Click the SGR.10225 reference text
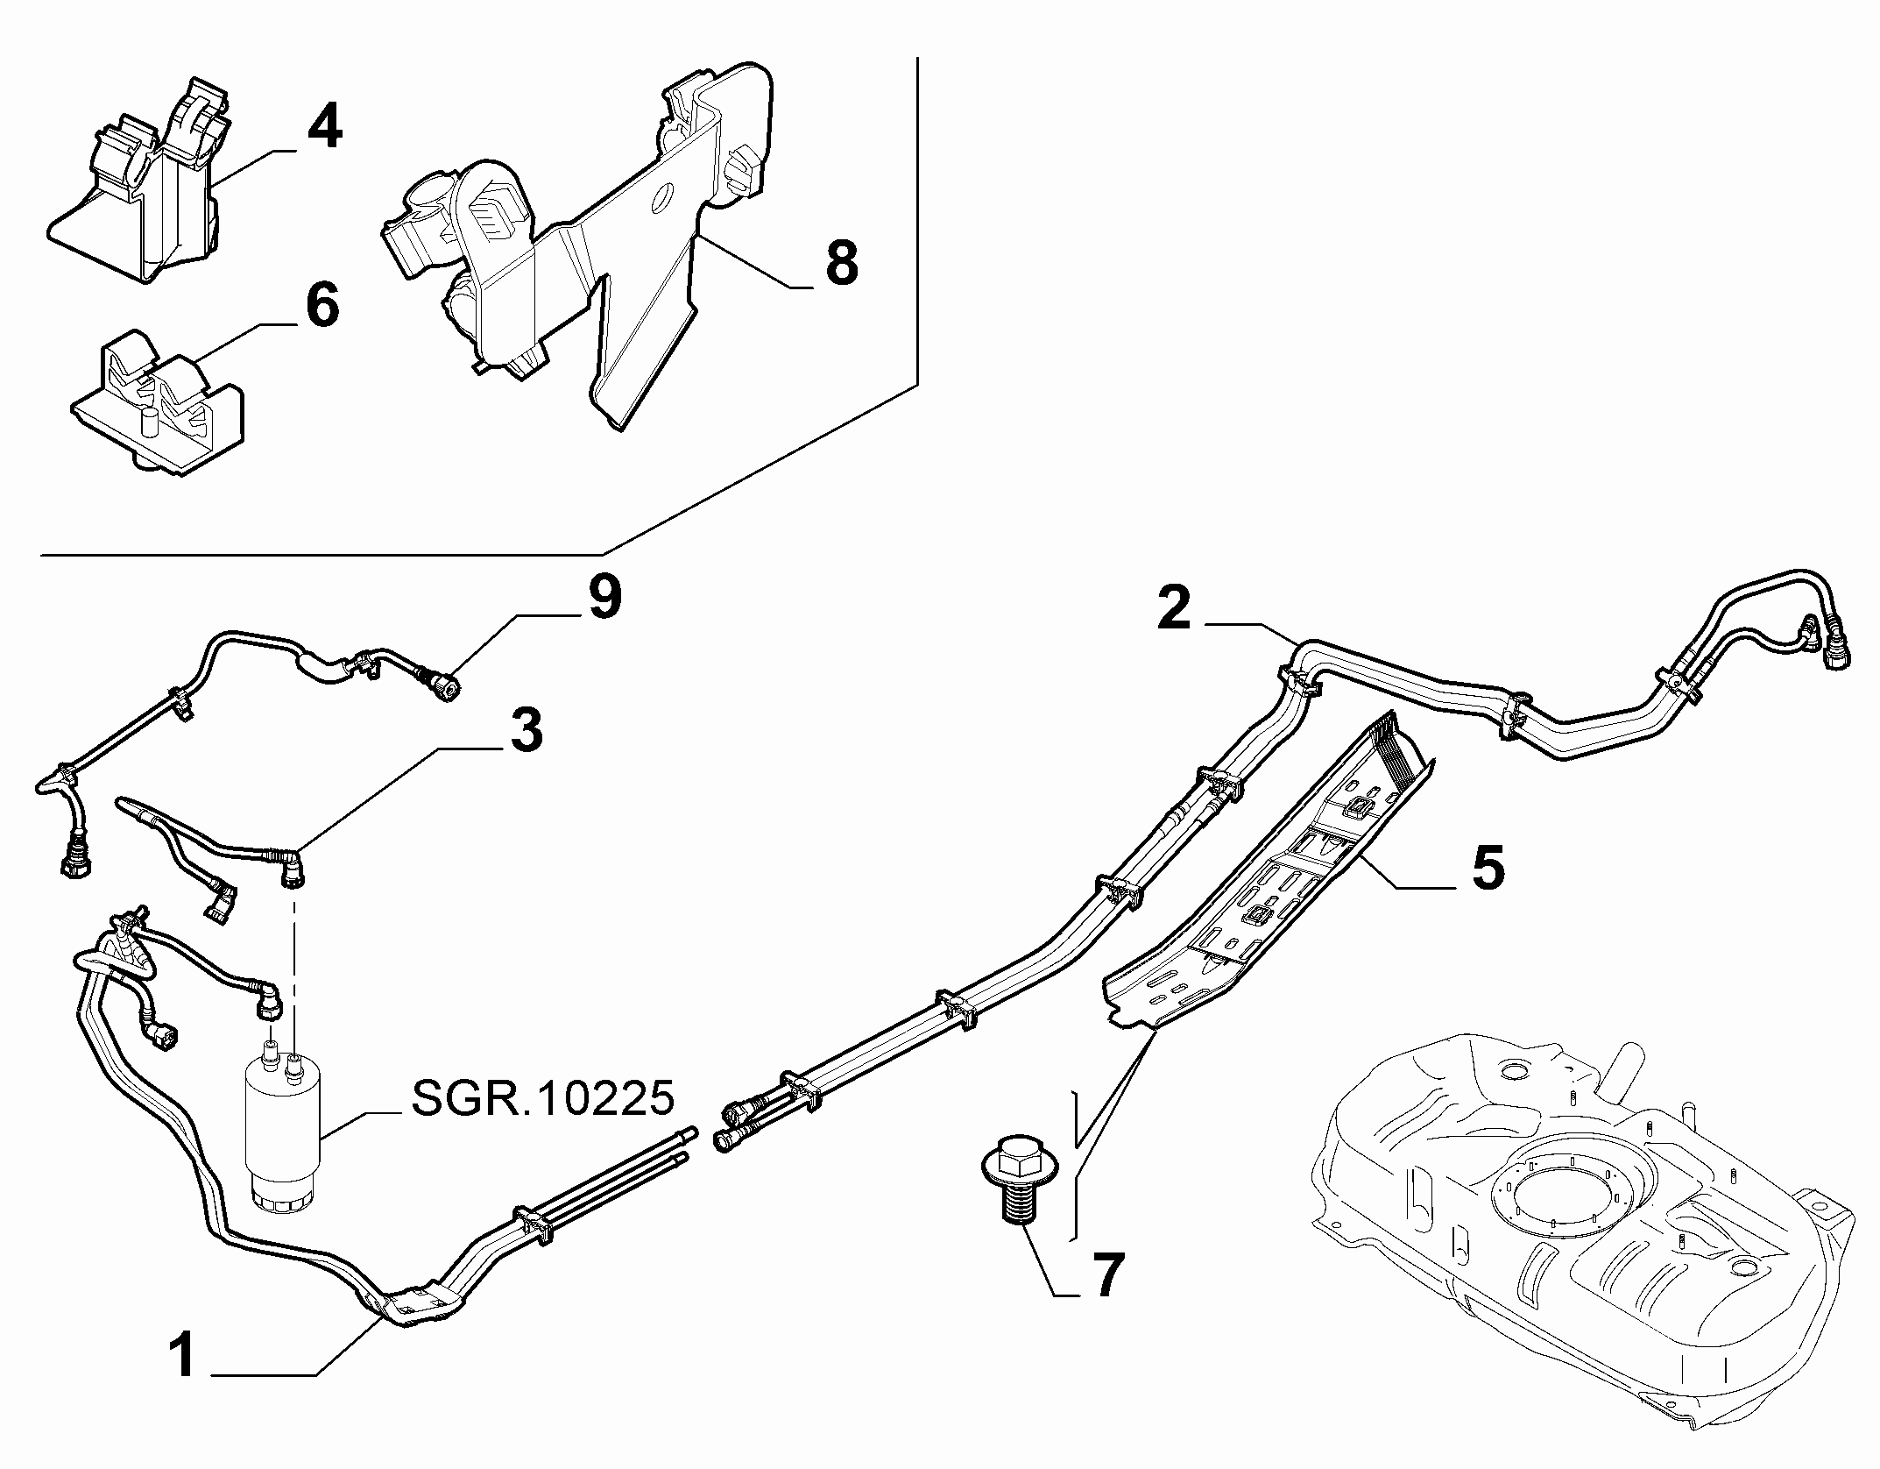click(x=543, y=1098)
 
